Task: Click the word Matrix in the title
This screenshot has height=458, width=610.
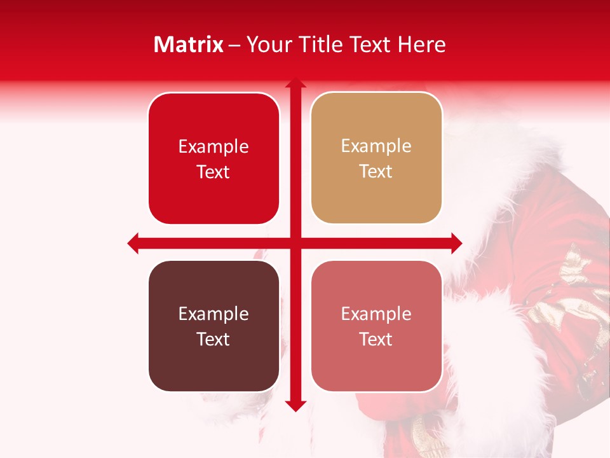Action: pos(188,45)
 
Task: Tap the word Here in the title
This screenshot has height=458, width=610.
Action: pos(421,45)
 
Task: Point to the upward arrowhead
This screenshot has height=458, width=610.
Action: pos(295,83)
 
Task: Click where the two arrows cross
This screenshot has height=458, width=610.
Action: pos(295,243)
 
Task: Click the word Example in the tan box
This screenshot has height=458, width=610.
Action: pos(376,146)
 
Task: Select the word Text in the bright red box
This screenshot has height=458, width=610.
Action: pos(213,172)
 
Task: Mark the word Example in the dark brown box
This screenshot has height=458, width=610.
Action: pos(213,314)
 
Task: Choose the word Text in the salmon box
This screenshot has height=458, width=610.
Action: pos(376,339)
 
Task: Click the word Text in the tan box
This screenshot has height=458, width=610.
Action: pos(376,172)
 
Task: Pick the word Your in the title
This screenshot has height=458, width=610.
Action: pos(266,45)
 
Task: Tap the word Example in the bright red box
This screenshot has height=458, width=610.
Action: pos(213,147)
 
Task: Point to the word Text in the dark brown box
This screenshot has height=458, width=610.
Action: pos(213,339)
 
